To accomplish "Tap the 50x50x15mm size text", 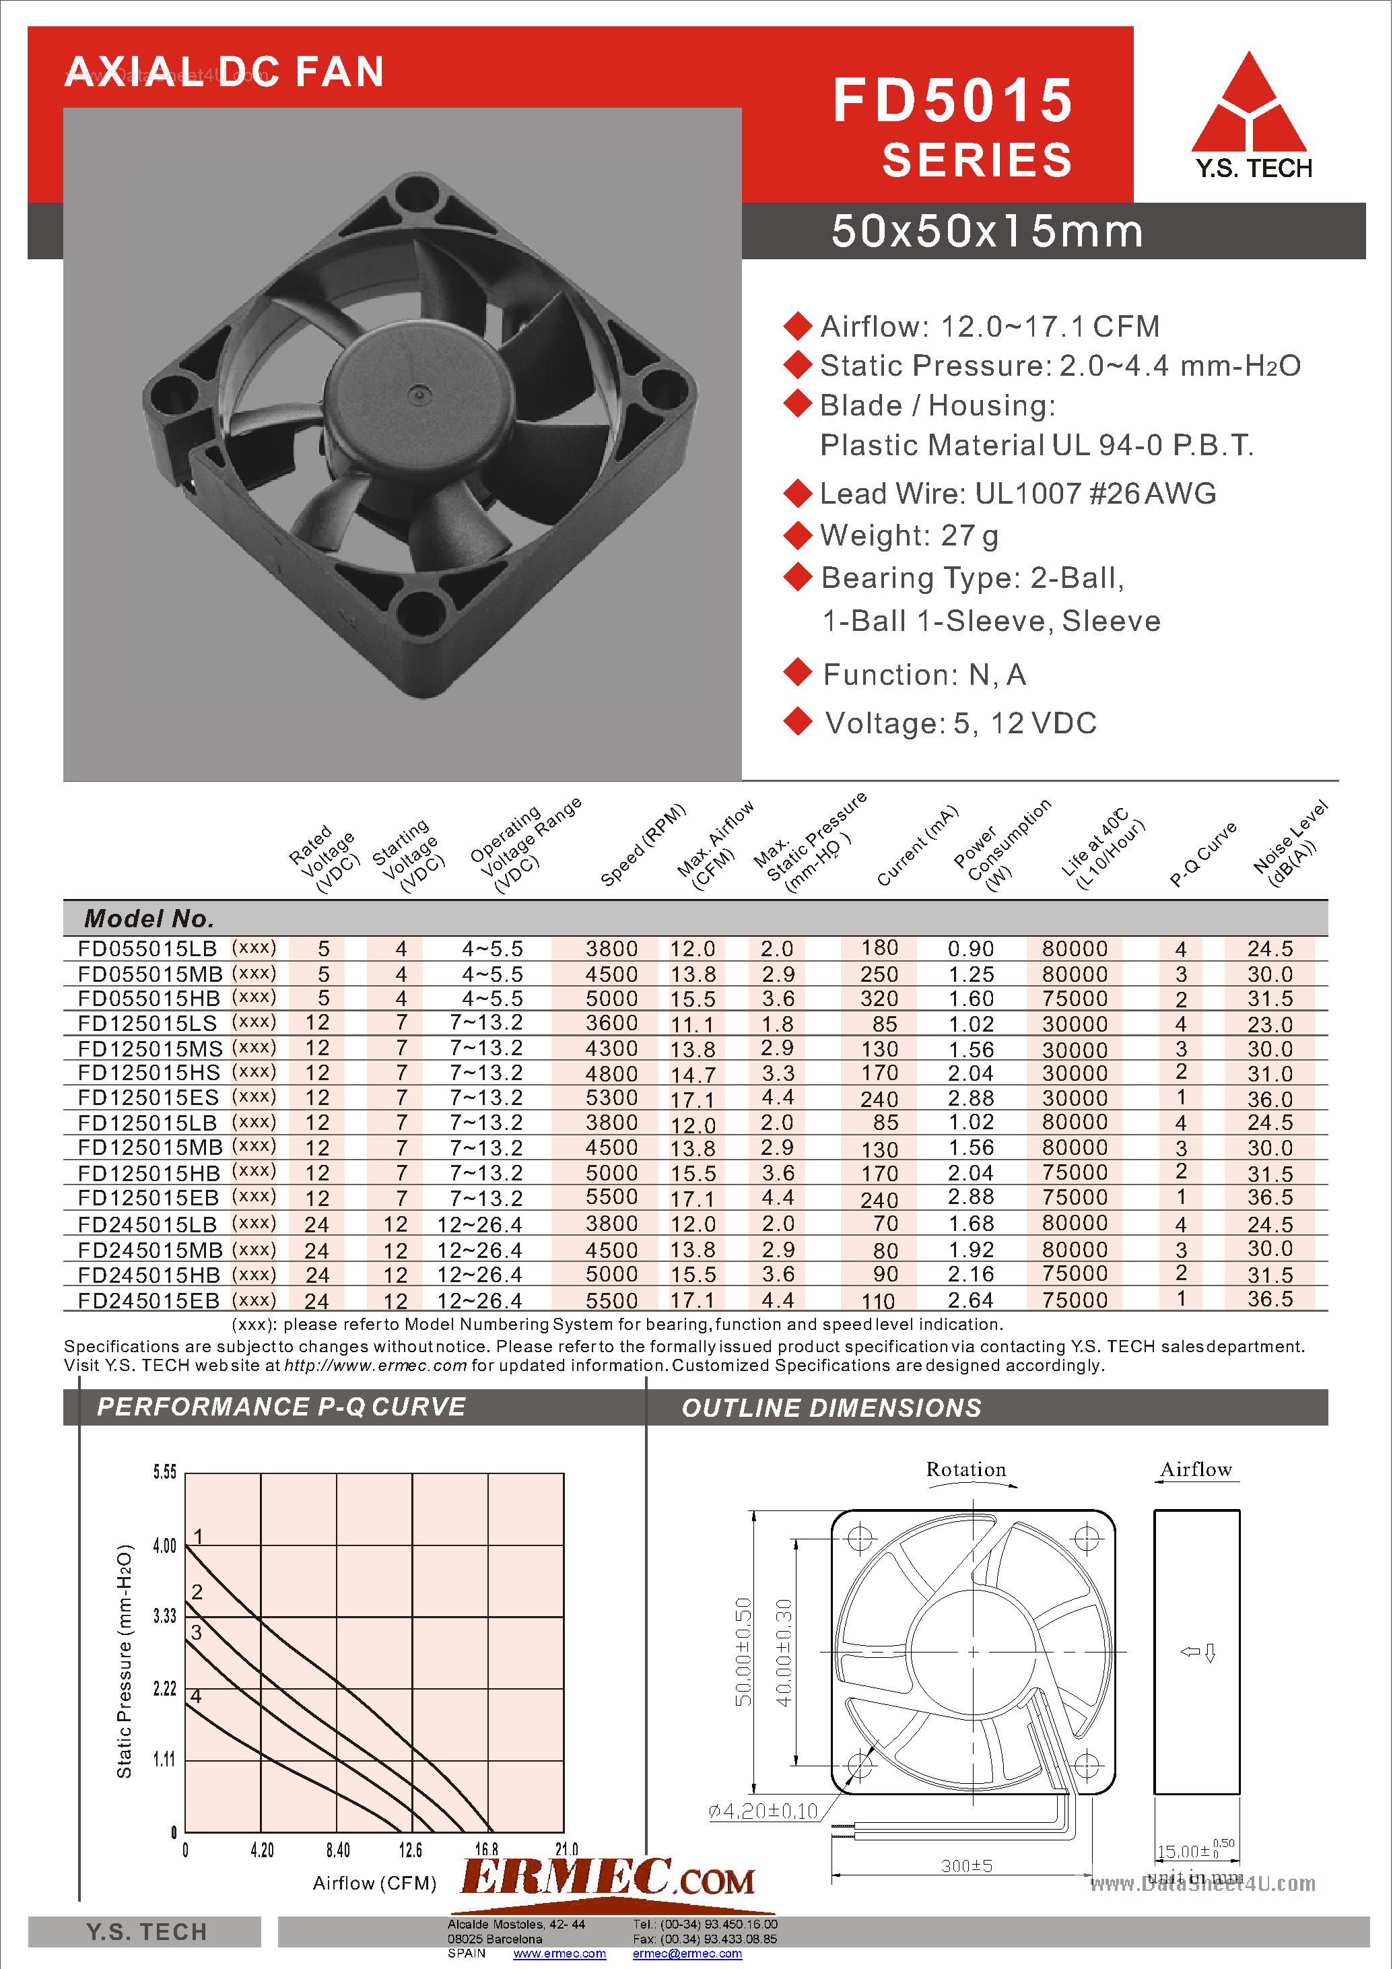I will pos(986,232).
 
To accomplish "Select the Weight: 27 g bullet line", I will pos(908,536).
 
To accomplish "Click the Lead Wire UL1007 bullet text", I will pos(1017,494).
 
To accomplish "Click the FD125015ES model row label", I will pos(148,1098).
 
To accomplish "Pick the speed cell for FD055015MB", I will pos(611,974).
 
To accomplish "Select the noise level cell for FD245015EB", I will pos(1270,1300).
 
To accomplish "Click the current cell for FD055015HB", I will pos(879,999).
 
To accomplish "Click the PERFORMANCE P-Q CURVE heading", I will pos(281,1407).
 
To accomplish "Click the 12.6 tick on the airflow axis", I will pos(410,1850).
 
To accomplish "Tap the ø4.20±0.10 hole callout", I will pos(763,1811).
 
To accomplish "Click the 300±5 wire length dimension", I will pos(966,1865).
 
